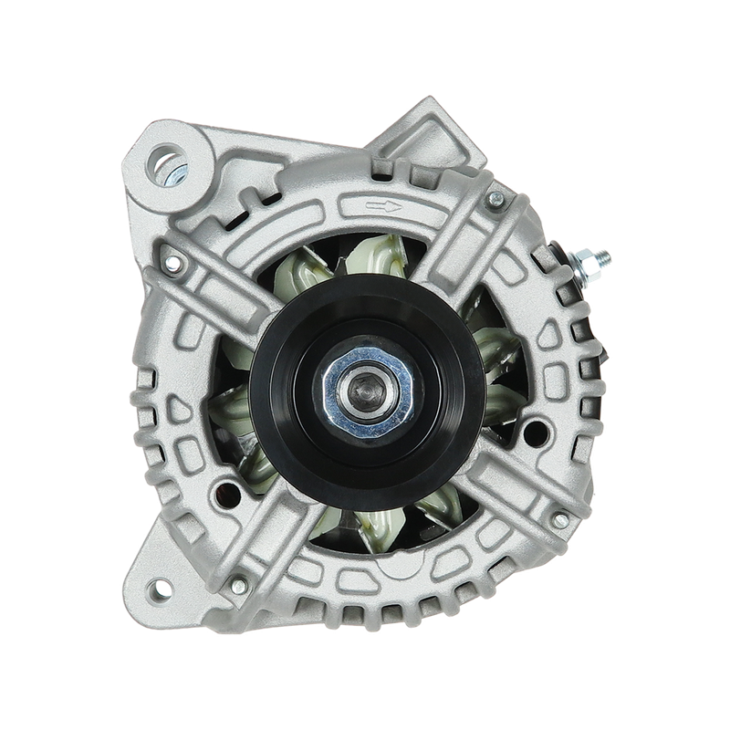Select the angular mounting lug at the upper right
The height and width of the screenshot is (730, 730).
pyautogui.click(x=424, y=137)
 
